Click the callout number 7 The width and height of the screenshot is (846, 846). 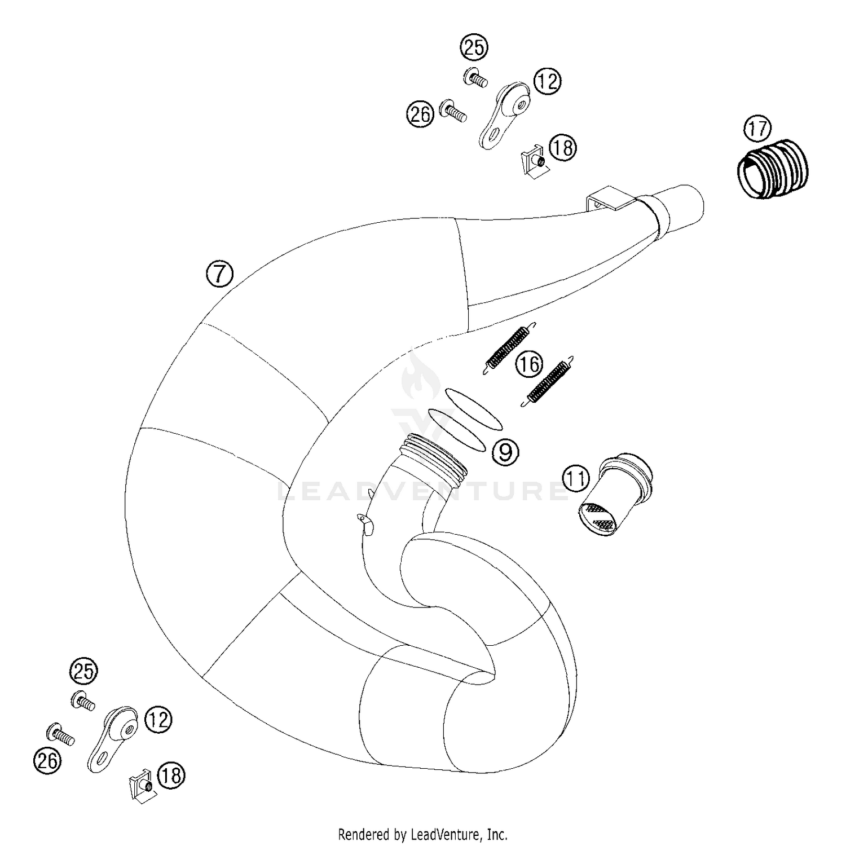[x=219, y=275]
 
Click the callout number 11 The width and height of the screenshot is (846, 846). [x=576, y=479]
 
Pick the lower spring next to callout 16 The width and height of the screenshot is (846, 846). [x=547, y=381]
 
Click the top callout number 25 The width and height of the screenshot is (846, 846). [x=474, y=47]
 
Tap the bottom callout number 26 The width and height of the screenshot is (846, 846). [x=47, y=761]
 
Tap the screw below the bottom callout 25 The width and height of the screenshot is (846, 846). [x=83, y=701]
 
